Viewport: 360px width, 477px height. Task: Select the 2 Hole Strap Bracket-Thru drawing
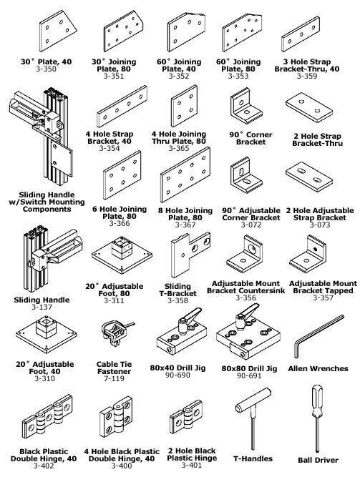click(309, 108)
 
